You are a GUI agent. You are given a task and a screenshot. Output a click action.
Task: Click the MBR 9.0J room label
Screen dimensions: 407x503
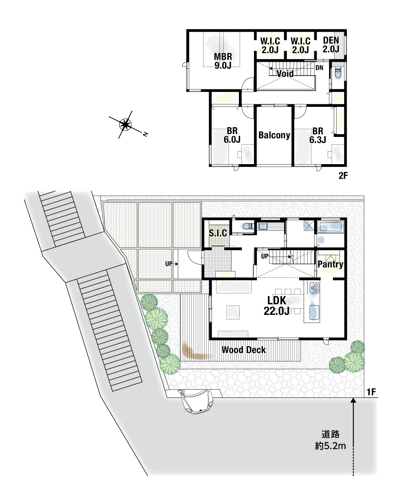(223, 61)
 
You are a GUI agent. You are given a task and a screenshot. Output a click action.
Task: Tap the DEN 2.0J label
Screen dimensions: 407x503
(331, 45)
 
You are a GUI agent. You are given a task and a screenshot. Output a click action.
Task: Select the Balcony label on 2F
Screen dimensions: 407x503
(274, 135)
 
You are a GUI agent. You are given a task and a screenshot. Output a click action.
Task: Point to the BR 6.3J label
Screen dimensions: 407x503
(317, 135)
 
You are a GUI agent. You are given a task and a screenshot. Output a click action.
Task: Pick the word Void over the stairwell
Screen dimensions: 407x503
(285, 74)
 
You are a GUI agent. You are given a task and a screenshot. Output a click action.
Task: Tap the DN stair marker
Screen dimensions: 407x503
(319, 68)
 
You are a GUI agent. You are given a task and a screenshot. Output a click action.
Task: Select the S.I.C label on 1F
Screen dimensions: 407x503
(218, 233)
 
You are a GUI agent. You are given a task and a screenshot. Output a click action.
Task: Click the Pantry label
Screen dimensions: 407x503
(330, 264)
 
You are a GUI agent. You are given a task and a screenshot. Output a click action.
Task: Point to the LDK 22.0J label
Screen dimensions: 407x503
(276, 306)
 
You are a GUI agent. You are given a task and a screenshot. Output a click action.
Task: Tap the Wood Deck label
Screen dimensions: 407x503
(243, 350)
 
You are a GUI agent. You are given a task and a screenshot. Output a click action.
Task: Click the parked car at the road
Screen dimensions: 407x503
(195, 401)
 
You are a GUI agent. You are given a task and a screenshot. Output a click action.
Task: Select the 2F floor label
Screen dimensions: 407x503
(343, 176)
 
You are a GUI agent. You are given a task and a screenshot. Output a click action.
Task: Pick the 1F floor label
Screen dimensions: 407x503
(371, 392)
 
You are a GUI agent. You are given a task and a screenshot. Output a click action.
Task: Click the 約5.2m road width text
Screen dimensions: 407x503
(330, 446)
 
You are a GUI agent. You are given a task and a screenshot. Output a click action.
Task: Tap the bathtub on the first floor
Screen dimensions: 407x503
(330, 227)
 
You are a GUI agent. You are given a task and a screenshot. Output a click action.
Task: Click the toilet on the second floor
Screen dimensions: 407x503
(338, 72)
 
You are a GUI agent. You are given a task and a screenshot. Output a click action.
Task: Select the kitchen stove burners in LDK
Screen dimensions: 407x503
(314, 288)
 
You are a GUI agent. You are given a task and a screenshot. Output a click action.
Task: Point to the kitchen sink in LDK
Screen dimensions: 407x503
(314, 312)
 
